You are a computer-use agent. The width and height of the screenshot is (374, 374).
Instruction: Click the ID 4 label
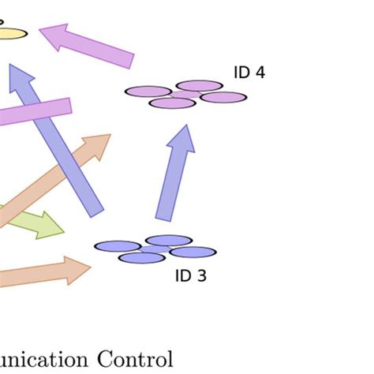coord(249,73)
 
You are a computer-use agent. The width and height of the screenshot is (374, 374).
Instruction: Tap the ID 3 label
coord(190,276)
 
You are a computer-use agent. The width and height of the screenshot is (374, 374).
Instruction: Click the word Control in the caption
coord(134,359)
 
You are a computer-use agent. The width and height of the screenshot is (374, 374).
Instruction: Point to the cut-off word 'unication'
coord(43,359)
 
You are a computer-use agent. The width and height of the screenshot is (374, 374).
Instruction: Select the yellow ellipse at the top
coord(11,33)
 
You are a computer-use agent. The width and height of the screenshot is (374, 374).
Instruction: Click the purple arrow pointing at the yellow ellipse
coord(87,46)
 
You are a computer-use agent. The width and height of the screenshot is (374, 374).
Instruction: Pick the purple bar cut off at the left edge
coord(36,112)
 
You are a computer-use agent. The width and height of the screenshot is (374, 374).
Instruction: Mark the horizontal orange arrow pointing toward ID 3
coord(43,271)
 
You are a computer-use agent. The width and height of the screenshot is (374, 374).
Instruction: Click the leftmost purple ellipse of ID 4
coord(148,92)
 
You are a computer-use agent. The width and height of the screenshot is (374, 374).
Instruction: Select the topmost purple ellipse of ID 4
coord(199,85)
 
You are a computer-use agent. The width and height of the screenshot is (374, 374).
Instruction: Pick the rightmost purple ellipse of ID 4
coord(223,97)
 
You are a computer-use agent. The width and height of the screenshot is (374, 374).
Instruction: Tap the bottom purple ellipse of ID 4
coord(172,103)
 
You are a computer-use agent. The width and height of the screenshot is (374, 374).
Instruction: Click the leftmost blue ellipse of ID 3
coord(118,246)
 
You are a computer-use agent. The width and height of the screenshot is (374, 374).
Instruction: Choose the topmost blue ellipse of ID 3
coord(169,240)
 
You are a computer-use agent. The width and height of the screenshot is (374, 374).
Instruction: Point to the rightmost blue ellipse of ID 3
coord(193,252)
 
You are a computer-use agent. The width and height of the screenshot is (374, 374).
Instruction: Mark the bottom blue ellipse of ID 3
coord(142,258)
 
